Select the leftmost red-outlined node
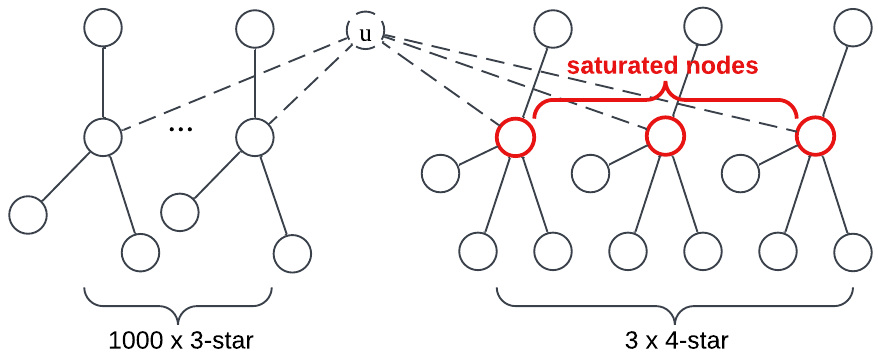click(x=515, y=136)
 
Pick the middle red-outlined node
click(x=665, y=136)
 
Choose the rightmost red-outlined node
click(x=815, y=136)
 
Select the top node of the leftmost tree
click(x=103, y=28)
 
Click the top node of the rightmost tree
click(x=853, y=28)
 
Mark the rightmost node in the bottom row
click(x=853, y=252)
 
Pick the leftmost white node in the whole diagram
click(x=28, y=215)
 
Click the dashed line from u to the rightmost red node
click(x=600, y=84)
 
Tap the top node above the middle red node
click(x=703, y=27)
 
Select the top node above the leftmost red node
click(x=553, y=28)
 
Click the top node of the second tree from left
click(x=255, y=28)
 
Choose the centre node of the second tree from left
click(x=255, y=137)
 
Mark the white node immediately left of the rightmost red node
click(x=740, y=173)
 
